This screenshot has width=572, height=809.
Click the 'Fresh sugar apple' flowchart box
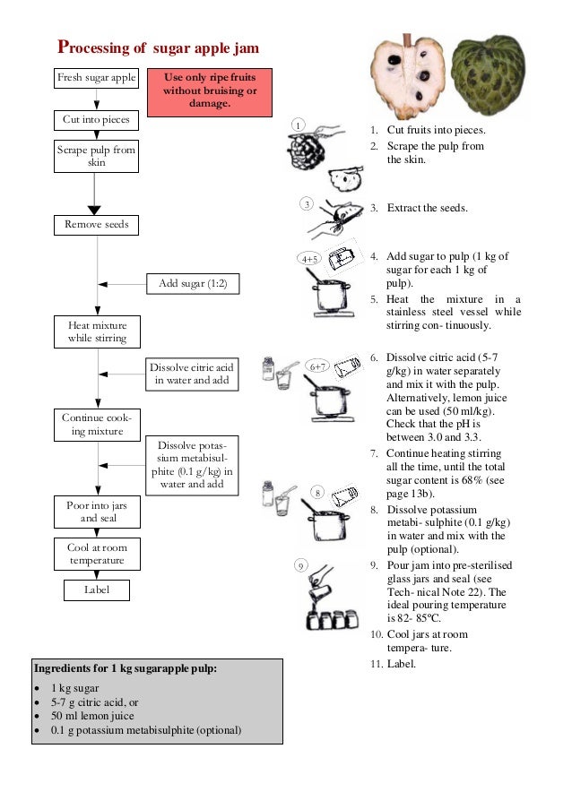[x=96, y=78]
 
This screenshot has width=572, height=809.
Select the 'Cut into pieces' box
[x=96, y=119]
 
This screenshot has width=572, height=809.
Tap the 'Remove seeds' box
[x=96, y=224]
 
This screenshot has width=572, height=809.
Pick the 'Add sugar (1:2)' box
[x=193, y=284]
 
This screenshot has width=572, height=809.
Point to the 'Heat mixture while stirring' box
[x=97, y=331]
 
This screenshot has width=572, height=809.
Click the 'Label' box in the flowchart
[x=97, y=590]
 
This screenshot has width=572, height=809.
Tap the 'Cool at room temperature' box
[x=97, y=554]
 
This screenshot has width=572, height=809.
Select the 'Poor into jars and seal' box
[x=97, y=512]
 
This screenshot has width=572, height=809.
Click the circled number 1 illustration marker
[x=300, y=124]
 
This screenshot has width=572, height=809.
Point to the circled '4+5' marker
[x=309, y=259]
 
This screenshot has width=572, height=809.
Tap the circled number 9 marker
[x=301, y=565]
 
